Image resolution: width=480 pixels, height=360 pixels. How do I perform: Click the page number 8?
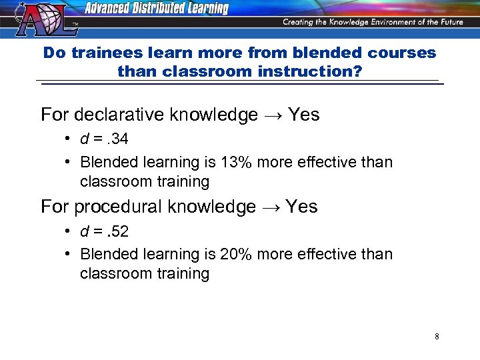coord(437,337)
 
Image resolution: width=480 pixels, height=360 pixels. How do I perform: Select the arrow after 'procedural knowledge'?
coord(271,207)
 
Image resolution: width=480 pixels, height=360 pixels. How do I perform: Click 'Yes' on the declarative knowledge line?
coord(304,115)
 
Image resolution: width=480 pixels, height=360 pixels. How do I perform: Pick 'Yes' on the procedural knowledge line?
coord(302,207)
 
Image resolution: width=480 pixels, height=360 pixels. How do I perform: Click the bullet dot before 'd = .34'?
coord(69,139)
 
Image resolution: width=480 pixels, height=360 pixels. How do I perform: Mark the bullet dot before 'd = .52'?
coord(69,231)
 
